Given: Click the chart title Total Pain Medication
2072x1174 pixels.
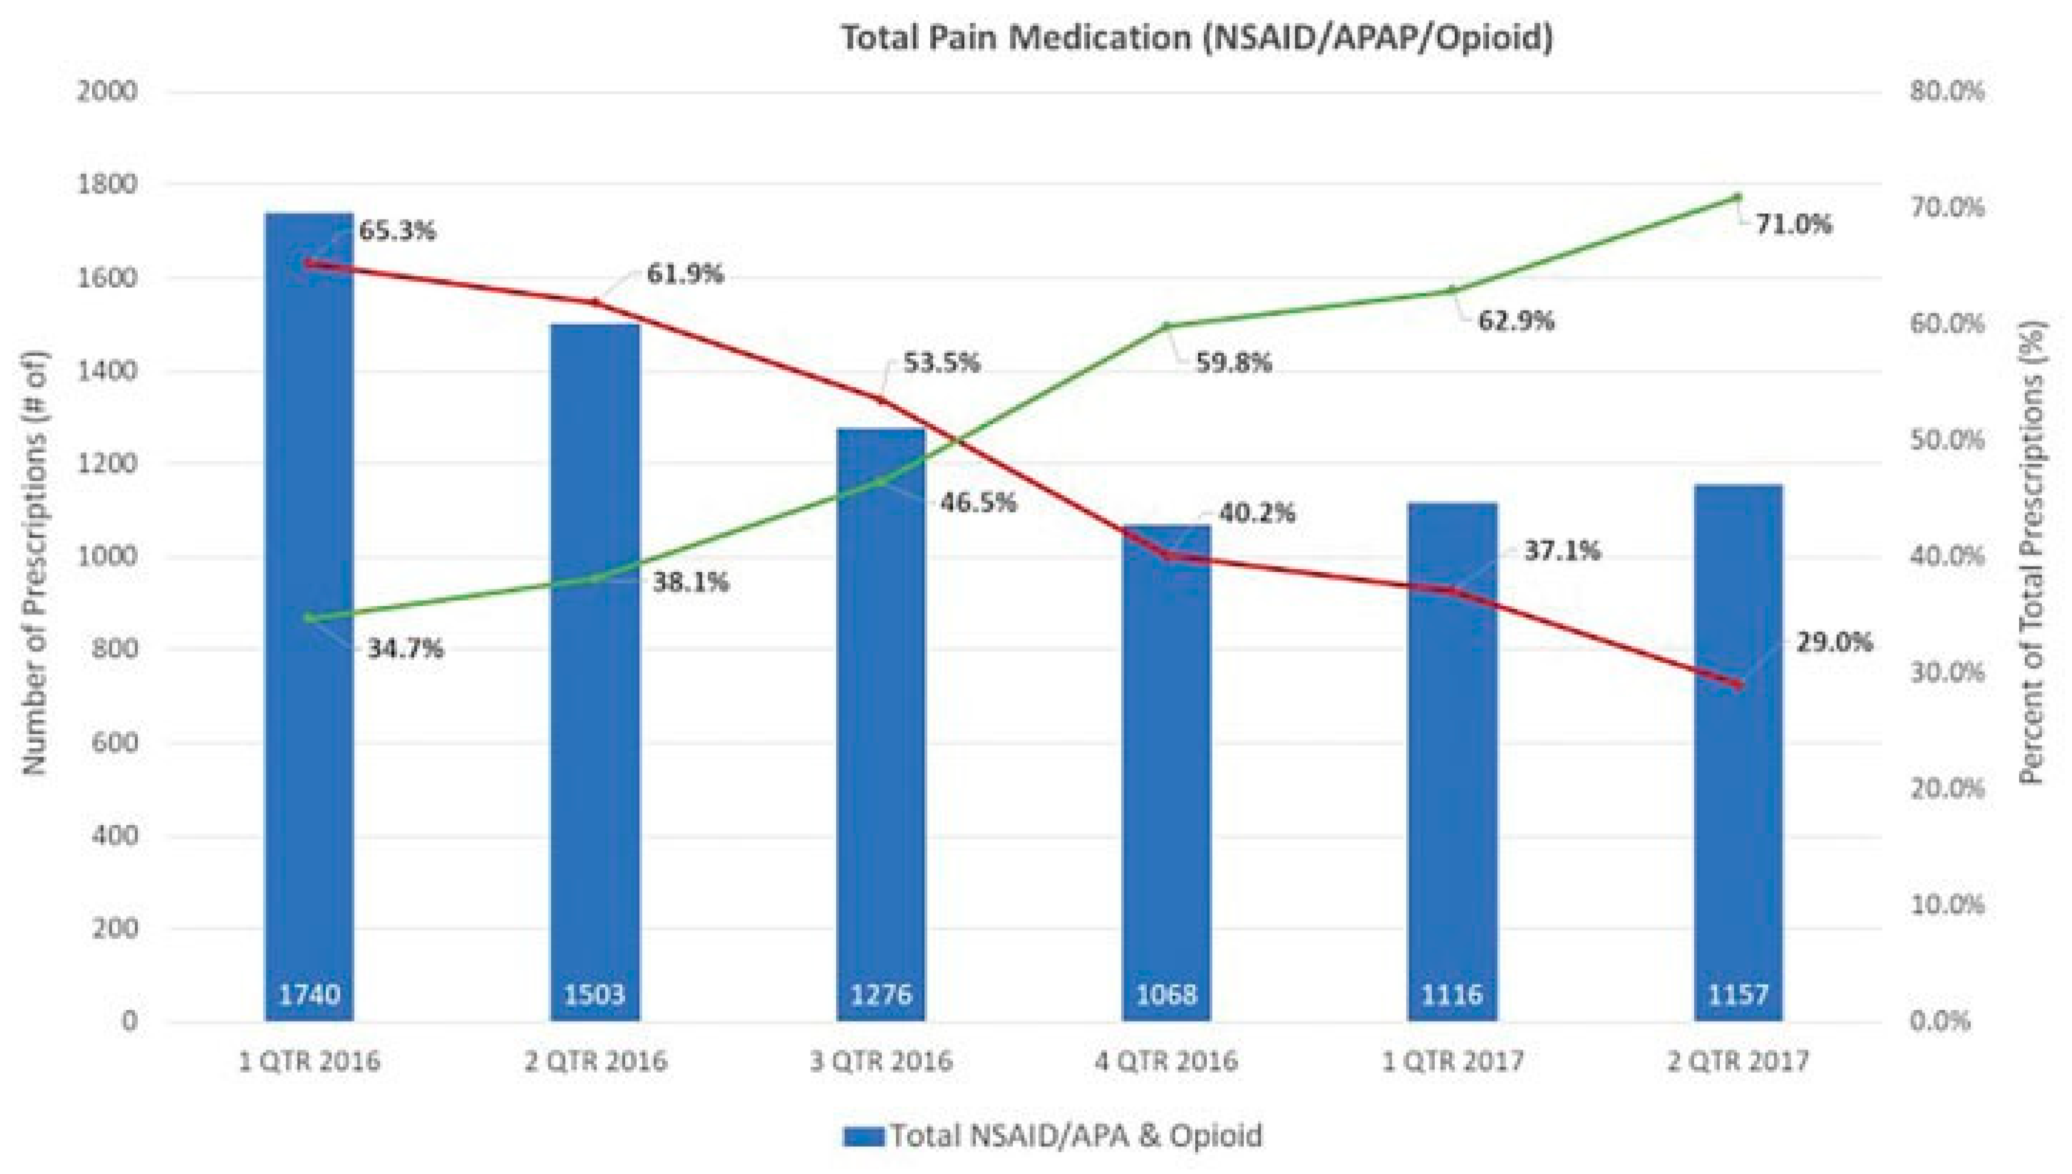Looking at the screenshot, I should (x=1196, y=38).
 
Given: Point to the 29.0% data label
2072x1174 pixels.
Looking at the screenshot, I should (x=1832, y=643).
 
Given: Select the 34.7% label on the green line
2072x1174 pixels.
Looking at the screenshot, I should (x=405, y=648).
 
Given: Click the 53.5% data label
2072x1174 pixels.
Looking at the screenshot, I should (x=941, y=363).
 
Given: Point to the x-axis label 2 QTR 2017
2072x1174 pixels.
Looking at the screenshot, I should (x=1737, y=1060).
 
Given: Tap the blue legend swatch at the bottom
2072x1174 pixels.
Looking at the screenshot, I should (x=864, y=1136).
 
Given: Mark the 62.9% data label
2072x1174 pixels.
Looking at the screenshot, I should (x=1516, y=321).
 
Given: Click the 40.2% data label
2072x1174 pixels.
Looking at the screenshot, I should (x=1256, y=513).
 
